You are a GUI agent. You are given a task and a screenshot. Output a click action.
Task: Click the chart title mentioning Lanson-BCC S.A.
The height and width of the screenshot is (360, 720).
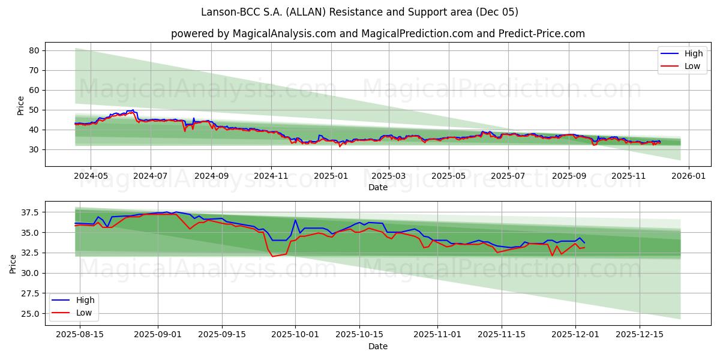(360, 12)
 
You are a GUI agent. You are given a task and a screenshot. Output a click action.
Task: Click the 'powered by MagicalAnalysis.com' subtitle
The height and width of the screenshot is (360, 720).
(378, 34)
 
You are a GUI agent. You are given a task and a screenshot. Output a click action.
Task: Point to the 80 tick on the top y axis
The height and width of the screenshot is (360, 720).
(34, 50)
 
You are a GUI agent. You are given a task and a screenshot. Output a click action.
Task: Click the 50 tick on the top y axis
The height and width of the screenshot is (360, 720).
(34, 110)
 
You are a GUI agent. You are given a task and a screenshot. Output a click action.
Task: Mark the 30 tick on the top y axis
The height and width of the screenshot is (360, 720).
(34, 149)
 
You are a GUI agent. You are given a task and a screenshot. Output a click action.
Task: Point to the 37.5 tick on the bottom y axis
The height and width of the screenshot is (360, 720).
(29, 212)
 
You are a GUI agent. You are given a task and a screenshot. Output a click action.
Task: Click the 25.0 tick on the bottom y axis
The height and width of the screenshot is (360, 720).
(29, 314)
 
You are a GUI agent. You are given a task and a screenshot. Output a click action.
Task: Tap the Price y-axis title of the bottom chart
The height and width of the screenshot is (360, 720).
(13, 263)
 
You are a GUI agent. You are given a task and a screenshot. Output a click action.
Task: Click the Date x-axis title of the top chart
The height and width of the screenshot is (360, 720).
(378, 187)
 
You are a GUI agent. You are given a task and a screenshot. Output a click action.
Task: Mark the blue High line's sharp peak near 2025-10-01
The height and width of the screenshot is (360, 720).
(295, 220)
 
